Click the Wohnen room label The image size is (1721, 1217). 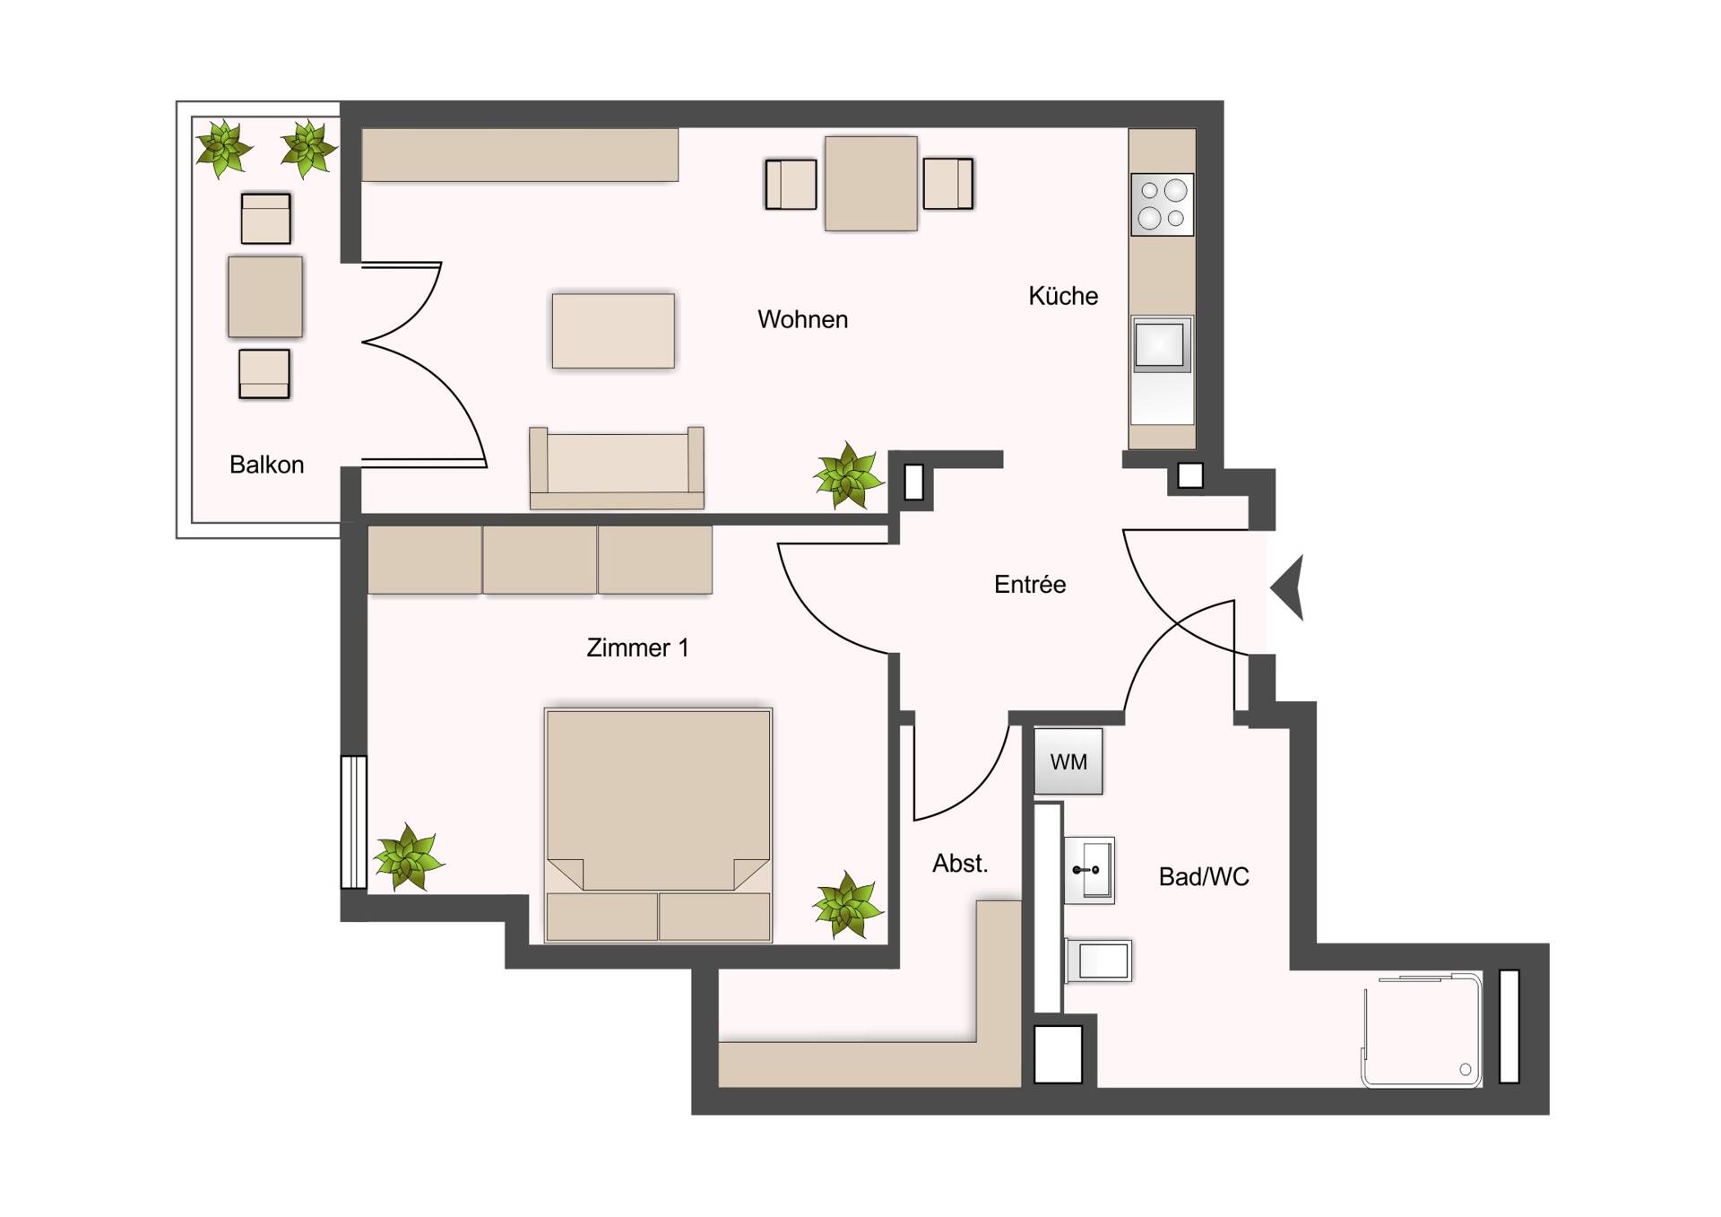(802, 319)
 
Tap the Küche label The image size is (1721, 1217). (1063, 296)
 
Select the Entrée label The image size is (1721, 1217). (1030, 585)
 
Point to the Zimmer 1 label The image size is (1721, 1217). (637, 648)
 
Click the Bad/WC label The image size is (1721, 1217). (1203, 876)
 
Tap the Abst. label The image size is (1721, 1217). (960, 864)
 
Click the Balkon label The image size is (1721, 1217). (266, 465)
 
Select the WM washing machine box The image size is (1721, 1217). (1068, 761)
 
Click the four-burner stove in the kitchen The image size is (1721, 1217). (1162, 204)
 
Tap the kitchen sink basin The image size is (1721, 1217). (1160, 344)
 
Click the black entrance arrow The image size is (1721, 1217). (1289, 587)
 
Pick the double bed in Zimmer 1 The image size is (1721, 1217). (658, 825)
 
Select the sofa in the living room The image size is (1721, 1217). (617, 468)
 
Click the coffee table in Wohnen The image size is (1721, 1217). (613, 331)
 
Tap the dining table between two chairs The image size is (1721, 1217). (870, 184)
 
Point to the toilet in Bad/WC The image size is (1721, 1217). (1099, 961)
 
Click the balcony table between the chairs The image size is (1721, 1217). (265, 297)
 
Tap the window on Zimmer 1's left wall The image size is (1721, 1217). (354, 822)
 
